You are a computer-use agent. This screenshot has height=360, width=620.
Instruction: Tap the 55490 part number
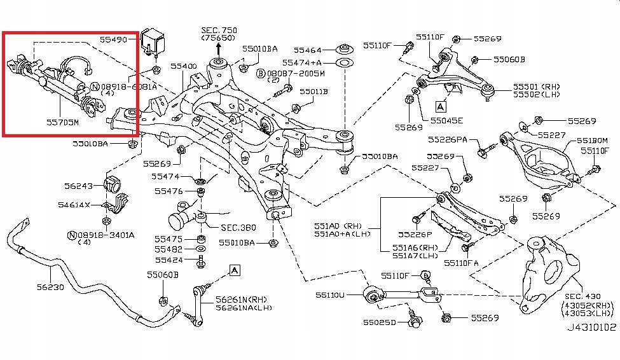click(114, 39)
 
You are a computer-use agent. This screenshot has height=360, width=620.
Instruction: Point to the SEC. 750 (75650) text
click(219, 34)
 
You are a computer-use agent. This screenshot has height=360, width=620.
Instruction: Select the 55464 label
click(307, 49)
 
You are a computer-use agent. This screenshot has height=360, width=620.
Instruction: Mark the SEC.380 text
click(238, 227)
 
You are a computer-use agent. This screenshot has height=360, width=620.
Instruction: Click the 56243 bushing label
click(79, 186)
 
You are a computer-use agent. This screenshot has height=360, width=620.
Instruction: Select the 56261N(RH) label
click(241, 299)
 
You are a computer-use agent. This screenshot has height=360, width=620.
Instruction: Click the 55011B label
click(313, 92)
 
